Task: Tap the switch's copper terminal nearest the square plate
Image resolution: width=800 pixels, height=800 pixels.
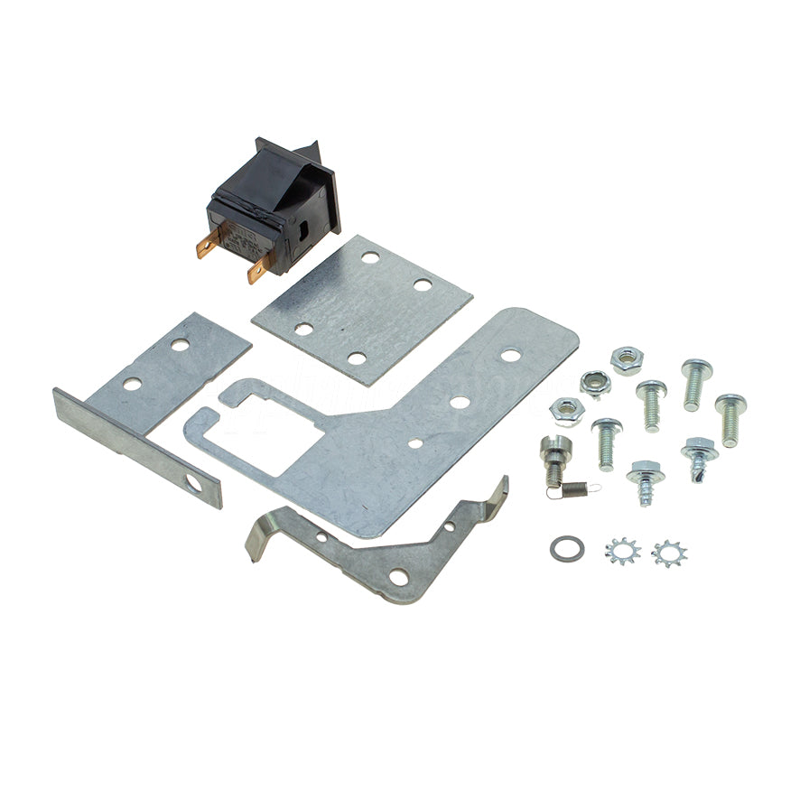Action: (x=259, y=266)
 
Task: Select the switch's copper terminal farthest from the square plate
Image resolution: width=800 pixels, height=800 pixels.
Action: (x=209, y=242)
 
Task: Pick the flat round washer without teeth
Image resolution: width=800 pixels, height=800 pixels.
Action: (x=566, y=547)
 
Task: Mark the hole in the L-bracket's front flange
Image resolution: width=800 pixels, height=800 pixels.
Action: (x=193, y=485)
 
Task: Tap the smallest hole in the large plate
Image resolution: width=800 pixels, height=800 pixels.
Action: (x=414, y=443)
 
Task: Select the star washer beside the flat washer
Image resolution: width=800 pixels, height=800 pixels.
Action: (x=621, y=549)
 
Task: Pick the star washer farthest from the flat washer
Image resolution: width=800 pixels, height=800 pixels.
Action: (x=669, y=553)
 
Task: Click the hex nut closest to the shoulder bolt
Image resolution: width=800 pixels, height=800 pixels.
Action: (x=567, y=412)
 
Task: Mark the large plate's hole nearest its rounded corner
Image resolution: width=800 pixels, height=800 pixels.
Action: (x=510, y=355)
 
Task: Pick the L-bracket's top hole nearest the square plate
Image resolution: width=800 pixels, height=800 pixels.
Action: (x=181, y=345)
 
